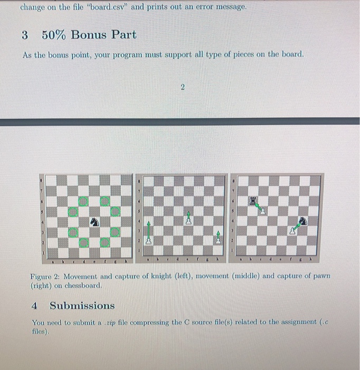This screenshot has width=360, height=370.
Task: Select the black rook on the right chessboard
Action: point(252,200)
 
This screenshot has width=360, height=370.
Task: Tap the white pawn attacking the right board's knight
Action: point(292,231)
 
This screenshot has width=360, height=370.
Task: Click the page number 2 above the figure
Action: point(182,88)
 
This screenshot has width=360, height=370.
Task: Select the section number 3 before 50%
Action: point(25,35)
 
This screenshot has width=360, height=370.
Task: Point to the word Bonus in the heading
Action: point(89,35)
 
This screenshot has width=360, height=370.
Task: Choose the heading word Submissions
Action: point(82,306)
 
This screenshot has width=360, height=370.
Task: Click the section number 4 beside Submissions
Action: point(34,306)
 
